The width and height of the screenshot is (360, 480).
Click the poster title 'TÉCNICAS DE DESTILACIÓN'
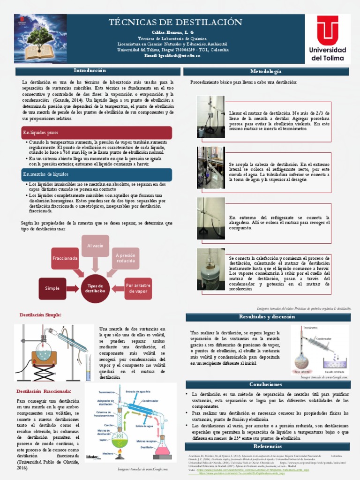click(175, 22)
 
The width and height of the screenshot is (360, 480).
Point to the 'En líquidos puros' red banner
click(97, 133)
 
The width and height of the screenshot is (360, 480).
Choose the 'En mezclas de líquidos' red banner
click(97, 174)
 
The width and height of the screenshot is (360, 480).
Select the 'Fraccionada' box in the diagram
click(65, 258)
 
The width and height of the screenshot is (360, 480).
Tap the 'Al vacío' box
click(95, 246)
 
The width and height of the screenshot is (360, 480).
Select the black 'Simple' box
click(52, 288)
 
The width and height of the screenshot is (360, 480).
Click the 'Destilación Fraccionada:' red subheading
click(44, 391)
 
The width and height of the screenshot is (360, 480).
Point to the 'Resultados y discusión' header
click(267, 317)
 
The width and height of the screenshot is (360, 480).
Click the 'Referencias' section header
click(267, 446)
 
